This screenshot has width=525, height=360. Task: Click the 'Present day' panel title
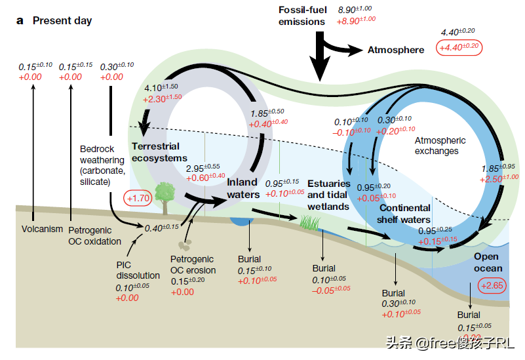62,20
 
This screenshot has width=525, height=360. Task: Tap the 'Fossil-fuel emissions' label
301,16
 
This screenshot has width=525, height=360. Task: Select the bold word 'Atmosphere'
395,49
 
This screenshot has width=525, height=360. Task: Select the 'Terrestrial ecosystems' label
159,152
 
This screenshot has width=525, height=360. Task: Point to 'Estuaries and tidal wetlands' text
329,195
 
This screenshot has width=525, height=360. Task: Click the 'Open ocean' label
488,262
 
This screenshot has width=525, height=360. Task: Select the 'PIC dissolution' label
133,270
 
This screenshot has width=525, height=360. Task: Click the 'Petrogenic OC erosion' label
193,265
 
